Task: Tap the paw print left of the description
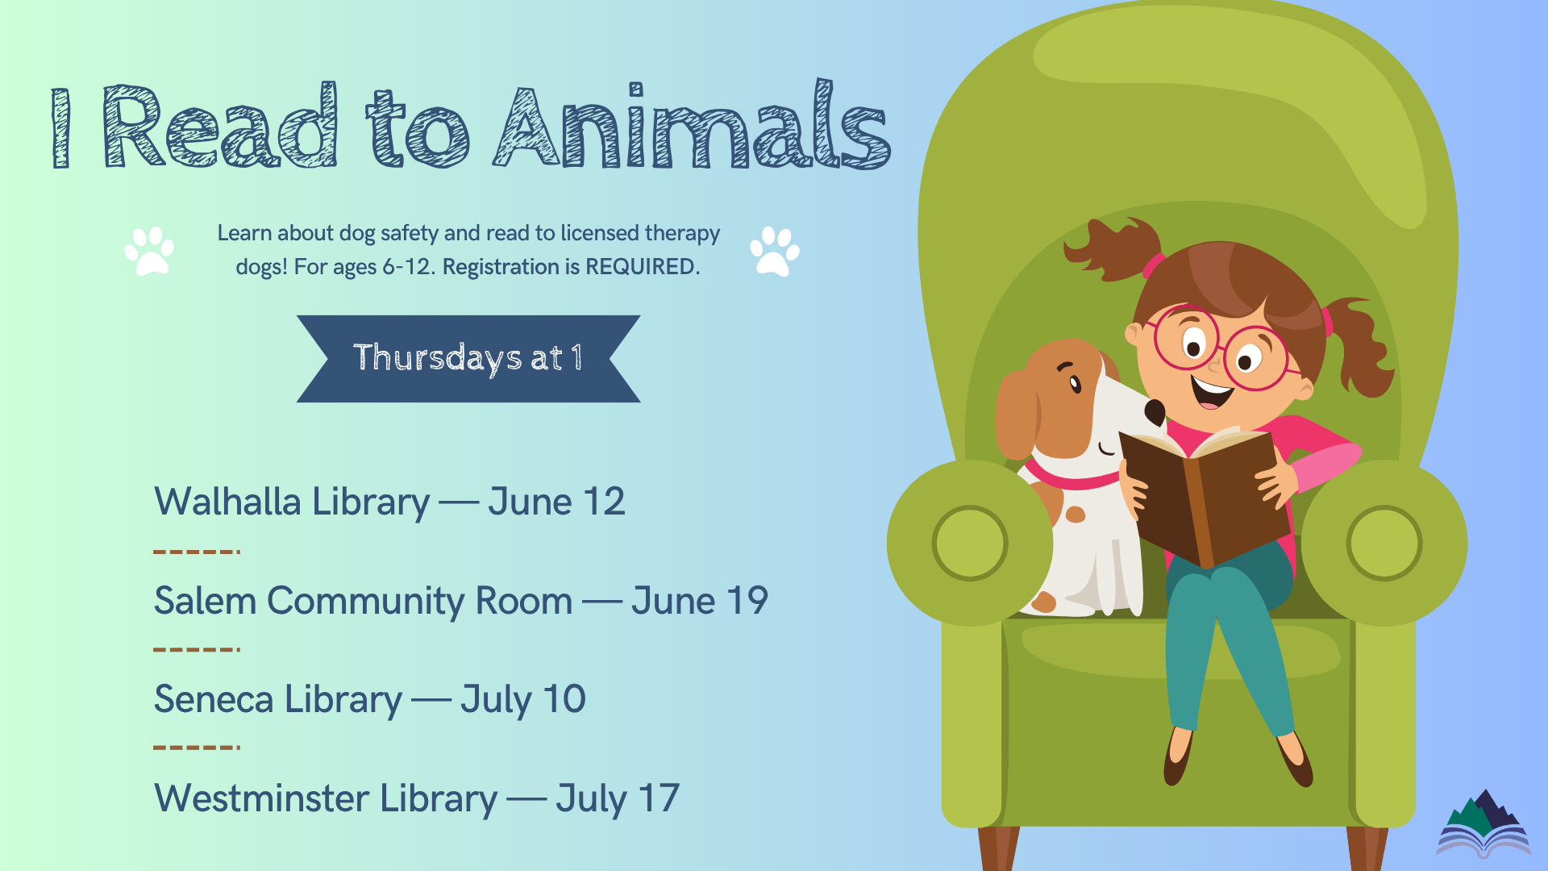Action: pos(149,251)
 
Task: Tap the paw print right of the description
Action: pos(775,251)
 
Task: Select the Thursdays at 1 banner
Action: pos(468,359)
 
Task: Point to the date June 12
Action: pos(556,502)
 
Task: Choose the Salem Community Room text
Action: pos(363,602)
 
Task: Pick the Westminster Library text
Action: pos(326,798)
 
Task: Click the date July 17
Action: pos(618,799)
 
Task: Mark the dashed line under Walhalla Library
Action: pos(197,552)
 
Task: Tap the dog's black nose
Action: pos(1155,412)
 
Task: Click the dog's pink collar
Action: pos(1068,477)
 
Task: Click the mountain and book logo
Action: pos(1483,824)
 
